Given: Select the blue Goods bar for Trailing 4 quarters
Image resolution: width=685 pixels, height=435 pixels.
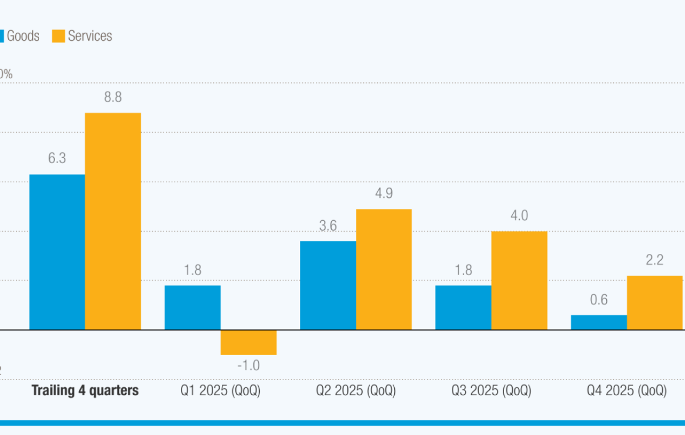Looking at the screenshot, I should coord(57,252).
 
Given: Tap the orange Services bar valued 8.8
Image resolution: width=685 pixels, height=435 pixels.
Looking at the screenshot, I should coord(113,221).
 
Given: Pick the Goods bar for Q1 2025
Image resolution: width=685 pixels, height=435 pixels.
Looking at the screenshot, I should coord(192,307).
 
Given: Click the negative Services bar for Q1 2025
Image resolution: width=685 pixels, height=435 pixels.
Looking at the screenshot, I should coord(248,342).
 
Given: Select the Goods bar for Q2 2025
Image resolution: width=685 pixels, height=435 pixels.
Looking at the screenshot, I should coord(328,285).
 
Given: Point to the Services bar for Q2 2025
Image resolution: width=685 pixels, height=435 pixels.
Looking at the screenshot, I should coord(384,269).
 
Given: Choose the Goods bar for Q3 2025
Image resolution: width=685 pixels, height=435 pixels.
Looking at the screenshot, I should coord(463,307).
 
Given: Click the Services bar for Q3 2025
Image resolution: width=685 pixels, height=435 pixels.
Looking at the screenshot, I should coord(519,280).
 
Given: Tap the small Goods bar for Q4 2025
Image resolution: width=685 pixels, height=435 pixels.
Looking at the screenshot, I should coord(599,322).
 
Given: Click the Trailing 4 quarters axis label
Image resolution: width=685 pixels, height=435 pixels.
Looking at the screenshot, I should coord(85,390).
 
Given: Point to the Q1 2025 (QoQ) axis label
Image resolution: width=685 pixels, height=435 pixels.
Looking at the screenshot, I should coord(220,390).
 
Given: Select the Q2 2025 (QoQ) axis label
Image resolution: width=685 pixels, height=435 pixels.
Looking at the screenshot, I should coord(356,390).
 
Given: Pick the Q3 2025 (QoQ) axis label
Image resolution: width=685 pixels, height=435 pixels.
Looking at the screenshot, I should coord(491,390).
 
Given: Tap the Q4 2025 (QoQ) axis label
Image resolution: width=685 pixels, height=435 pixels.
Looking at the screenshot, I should coord(626,390).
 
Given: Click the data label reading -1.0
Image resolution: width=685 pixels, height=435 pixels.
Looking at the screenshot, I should coord(248,365).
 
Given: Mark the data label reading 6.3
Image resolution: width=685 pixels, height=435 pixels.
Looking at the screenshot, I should coord(57,158).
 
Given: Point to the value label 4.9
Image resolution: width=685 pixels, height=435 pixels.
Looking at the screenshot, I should coord(384,193).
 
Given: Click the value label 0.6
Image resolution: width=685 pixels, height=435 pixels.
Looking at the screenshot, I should coord(599,300).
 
